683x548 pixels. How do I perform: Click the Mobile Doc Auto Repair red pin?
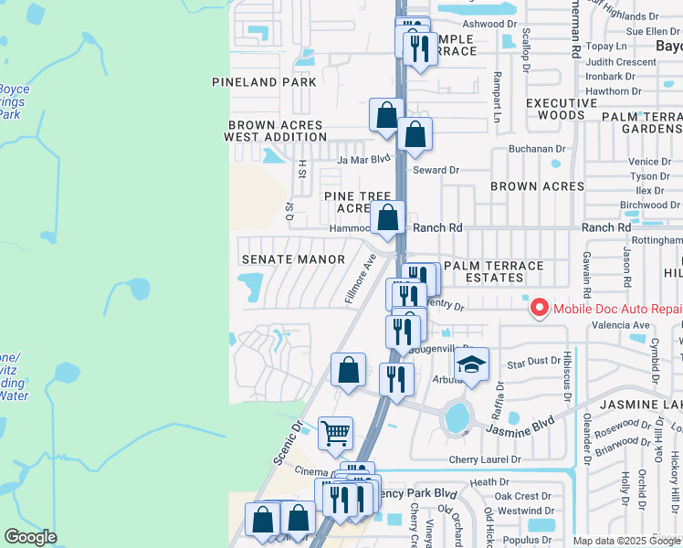click(x=539, y=309)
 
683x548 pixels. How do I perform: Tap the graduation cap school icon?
click(x=471, y=365)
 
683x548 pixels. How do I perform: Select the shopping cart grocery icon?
click(x=336, y=432)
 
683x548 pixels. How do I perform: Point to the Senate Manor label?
click(x=293, y=259)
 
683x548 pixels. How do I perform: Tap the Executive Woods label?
click(x=555, y=109)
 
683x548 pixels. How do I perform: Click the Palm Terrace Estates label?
click(x=493, y=272)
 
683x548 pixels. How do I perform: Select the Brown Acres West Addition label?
click(x=276, y=131)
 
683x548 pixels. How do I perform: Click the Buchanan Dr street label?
click(x=538, y=149)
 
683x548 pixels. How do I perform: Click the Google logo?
click(x=31, y=537)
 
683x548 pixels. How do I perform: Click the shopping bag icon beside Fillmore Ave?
click(x=348, y=371)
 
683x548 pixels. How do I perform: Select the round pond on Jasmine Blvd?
click(x=457, y=417)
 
